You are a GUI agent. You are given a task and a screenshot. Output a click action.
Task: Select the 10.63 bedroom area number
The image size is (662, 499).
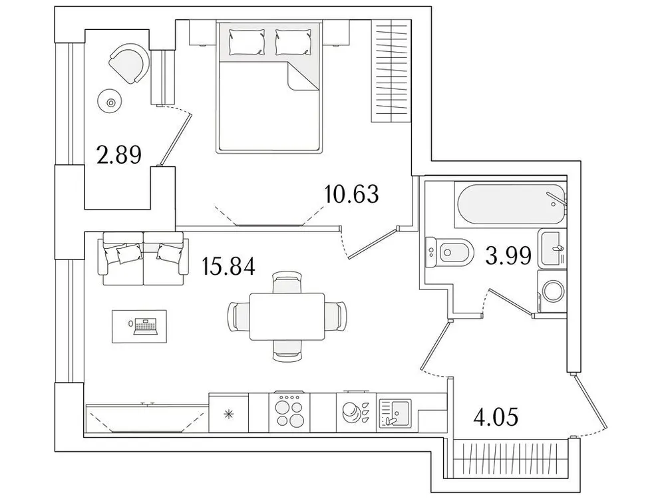(351, 194)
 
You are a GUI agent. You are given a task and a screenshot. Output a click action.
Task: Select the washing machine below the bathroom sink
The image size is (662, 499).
(554, 291)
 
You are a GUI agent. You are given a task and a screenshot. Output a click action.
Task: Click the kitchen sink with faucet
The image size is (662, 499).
(395, 413)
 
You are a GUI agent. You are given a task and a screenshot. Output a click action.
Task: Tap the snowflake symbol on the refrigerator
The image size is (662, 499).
(229, 414)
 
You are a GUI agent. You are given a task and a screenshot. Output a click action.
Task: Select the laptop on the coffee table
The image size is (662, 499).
(144, 327)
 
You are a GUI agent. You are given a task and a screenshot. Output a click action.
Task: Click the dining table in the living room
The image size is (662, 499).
(287, 317)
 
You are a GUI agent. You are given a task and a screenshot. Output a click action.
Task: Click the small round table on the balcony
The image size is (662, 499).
(110, 102)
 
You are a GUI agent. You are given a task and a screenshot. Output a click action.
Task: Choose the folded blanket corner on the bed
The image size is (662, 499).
(303, 77)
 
